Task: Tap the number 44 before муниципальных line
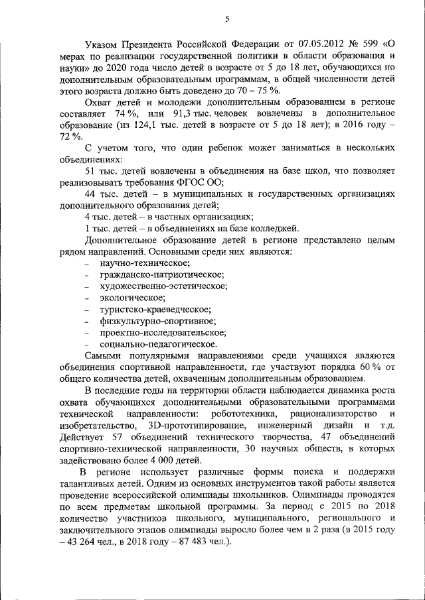pos(92,194)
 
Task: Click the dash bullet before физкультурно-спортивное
pos(89,321)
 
